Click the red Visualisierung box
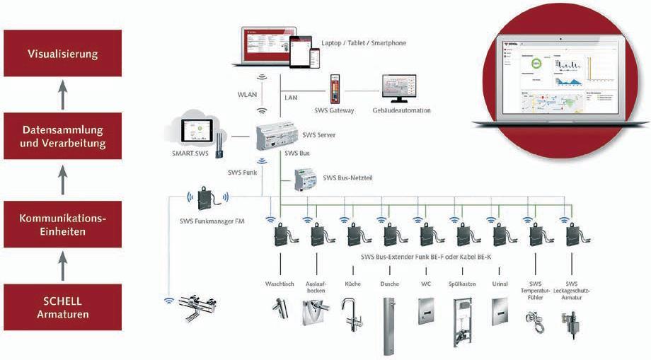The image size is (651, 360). pos(62,54)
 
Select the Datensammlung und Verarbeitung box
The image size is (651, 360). pos(62,137)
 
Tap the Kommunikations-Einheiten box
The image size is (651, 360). pos(62,224)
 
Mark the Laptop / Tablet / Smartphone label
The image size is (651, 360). pos(364,43)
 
